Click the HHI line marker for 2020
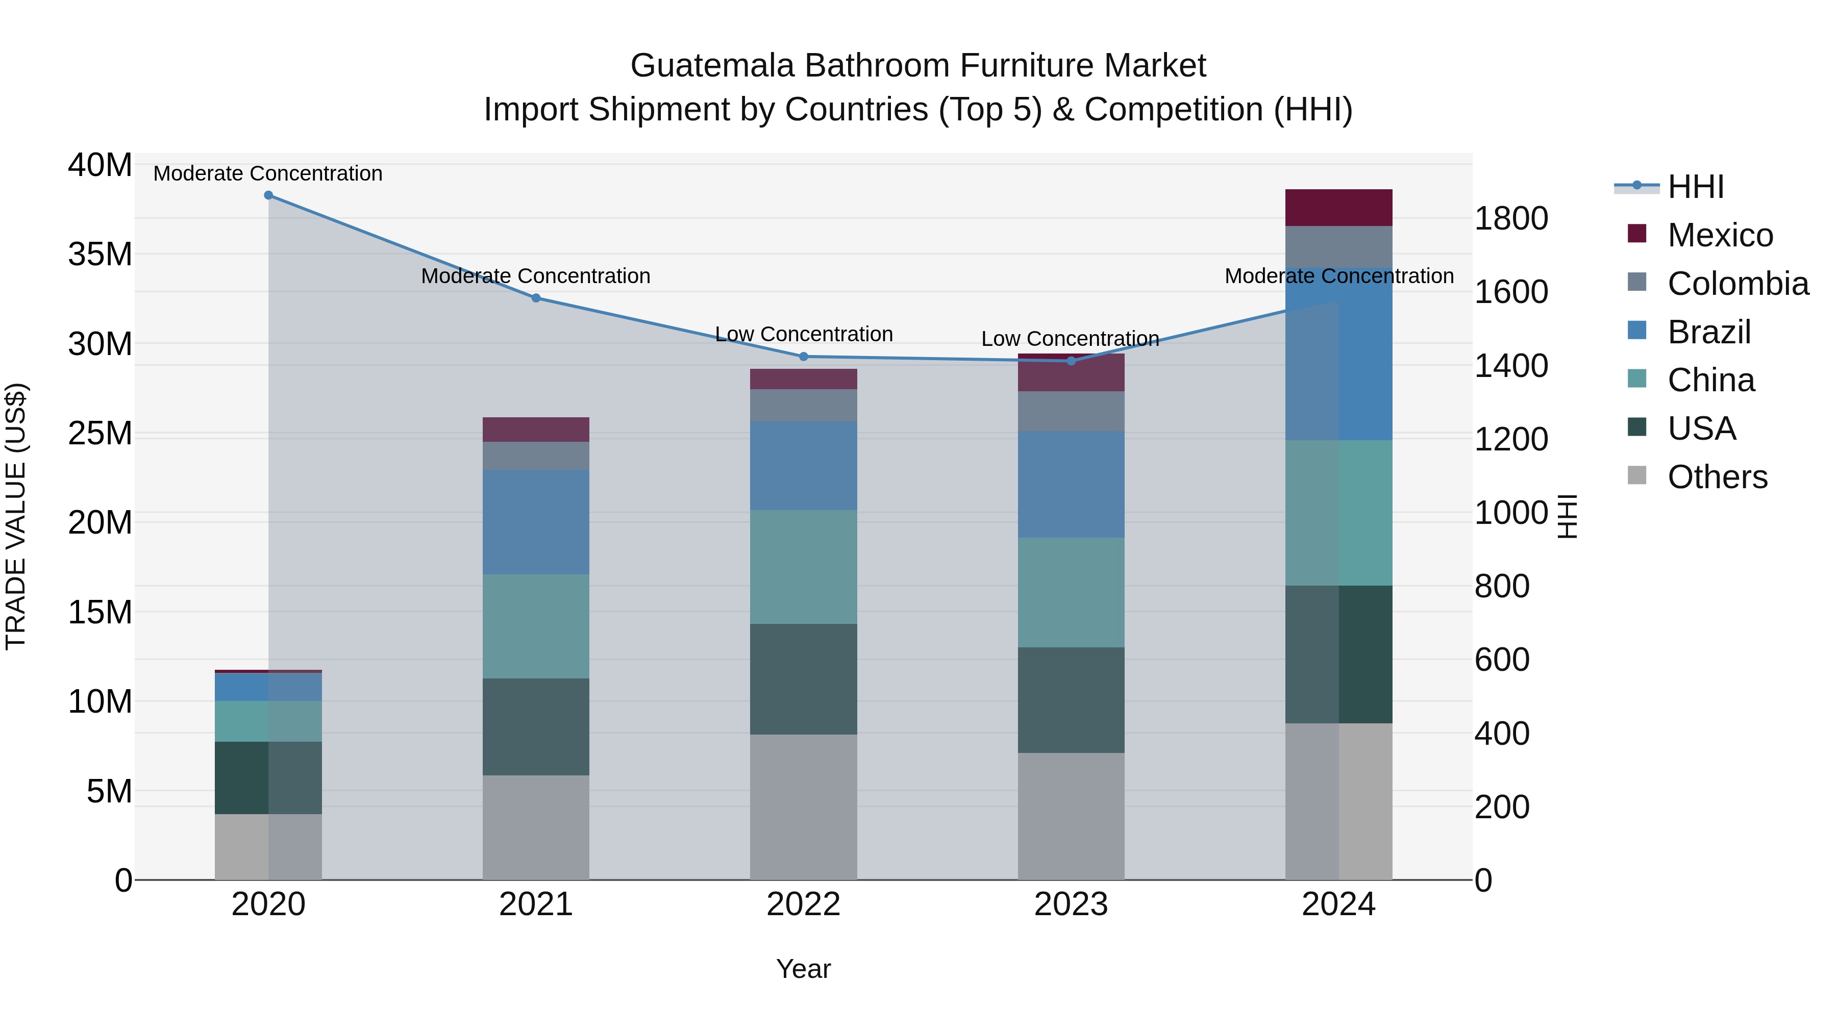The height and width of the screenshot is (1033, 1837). tap(268, 195)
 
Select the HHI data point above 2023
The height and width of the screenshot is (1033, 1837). tap(1071, 361)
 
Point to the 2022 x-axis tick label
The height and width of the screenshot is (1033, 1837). tap(803, 904)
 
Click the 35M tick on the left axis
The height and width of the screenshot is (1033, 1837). tap(100, 254)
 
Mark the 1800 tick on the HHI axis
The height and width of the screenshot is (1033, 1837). tap(1510, 218)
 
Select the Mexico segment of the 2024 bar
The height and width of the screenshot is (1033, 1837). tap(1338, 208)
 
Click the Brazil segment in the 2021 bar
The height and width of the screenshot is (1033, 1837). tap(536, 522)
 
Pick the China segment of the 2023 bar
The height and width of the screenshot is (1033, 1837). tap(1071, 592)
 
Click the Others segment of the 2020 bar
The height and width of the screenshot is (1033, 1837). tap(268, 847)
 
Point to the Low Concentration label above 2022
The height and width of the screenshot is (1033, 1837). tap(804, 334)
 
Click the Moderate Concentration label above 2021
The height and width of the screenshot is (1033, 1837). tap(536, 276)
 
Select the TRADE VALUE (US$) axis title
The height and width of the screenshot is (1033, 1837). tap(16, 516)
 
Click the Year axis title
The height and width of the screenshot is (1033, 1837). tap(803, 969)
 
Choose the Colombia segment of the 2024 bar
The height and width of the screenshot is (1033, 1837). tap(1338, 247)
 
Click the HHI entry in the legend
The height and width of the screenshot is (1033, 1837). tap(1695, 187)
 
